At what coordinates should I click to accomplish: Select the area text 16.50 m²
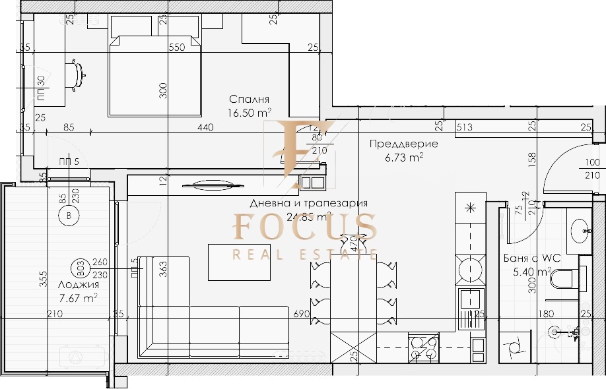250,113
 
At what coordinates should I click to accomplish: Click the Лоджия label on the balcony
79,285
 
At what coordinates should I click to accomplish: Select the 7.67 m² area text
78,298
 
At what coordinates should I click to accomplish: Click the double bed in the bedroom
154,73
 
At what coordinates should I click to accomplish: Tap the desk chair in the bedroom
79,72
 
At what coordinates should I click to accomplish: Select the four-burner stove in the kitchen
424,348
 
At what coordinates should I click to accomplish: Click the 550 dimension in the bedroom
176,47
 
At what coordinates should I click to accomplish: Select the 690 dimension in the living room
301,314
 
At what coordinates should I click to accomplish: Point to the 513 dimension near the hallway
465,128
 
